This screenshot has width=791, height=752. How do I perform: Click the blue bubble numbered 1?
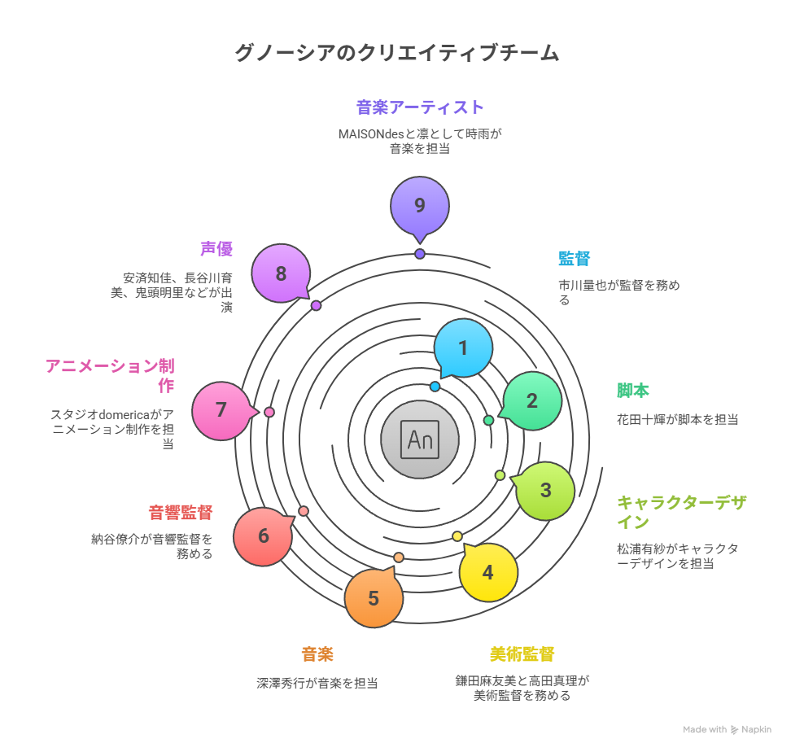[463, 348]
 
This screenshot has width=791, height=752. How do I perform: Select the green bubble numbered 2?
[532, 400]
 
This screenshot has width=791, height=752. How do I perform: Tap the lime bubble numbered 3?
[545, 491]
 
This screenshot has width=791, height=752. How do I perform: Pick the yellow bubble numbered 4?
[487, 572]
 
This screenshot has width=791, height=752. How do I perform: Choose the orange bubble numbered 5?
[374, 598]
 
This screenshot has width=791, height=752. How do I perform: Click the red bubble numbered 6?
[263, 536]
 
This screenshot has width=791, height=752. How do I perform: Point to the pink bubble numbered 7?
[221, 410]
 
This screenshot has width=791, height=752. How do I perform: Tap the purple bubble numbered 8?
[281, 273]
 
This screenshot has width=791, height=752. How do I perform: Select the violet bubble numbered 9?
[420, 205]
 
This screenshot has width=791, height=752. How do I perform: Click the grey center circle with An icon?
[420, 439]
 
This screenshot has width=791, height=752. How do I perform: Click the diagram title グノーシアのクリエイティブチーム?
[396, 54]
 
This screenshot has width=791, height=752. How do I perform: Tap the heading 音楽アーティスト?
[420, 107]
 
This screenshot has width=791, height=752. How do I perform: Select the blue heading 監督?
[574, 259]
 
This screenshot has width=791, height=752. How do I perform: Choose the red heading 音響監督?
[181, 513]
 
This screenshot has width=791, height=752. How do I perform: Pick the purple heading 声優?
[216, 249]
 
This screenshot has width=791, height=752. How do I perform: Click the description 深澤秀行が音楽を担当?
[317, 684]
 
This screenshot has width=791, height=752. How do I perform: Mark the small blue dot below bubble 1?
[435, 387]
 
